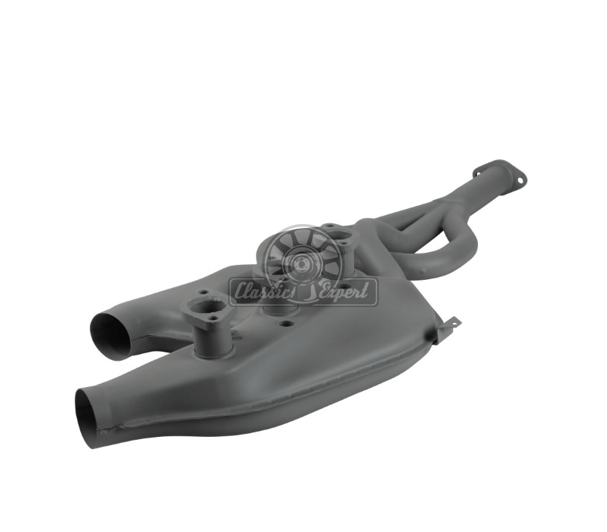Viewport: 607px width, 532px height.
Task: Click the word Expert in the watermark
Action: [x=344, y=291]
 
